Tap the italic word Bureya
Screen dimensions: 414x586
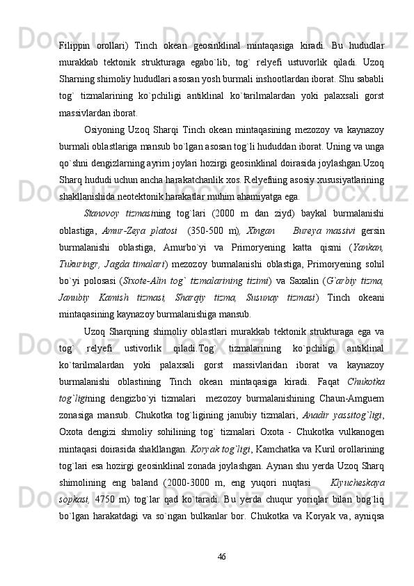tap(308, 229)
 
